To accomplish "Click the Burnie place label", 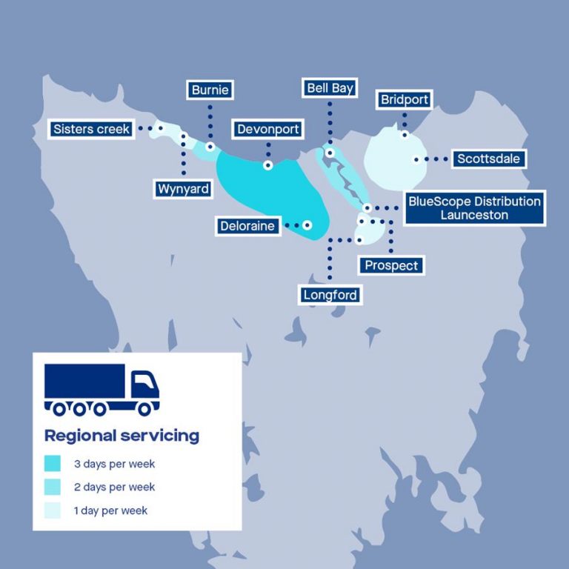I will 210,90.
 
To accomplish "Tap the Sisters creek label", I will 92,129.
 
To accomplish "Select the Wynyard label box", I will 183,189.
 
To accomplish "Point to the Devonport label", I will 268,130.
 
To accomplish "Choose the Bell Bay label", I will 330,88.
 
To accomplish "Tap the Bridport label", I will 404,99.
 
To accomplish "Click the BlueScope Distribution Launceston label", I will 474,208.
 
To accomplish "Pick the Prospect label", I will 391,265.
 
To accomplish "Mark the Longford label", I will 330,295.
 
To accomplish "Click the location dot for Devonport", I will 267,165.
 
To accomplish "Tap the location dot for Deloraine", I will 307,224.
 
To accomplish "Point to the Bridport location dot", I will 405,135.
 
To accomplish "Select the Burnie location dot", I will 210,147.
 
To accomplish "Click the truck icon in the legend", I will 102,389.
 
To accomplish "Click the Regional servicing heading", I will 122,435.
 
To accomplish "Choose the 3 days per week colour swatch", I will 52,464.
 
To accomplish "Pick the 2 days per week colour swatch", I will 52,488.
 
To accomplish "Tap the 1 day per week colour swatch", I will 52,510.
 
